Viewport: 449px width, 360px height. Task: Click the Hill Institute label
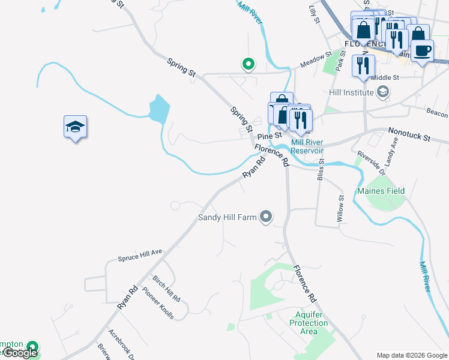[352, 92]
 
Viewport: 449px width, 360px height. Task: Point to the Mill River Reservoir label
[307, 146]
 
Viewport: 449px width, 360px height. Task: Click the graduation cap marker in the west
[75, 127]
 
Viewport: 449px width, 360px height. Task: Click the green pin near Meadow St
[247, 63]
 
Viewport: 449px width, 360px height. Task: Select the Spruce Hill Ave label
[140, 254]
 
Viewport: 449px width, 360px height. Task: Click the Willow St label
[340, 209]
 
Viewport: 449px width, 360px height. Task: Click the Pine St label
[270, 136]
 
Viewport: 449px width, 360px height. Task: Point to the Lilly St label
[313, 14]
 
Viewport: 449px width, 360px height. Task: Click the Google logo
[20, 353]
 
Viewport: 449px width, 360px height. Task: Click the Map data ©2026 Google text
[412, 355]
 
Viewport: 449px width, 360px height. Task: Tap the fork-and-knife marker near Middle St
[363, 65]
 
